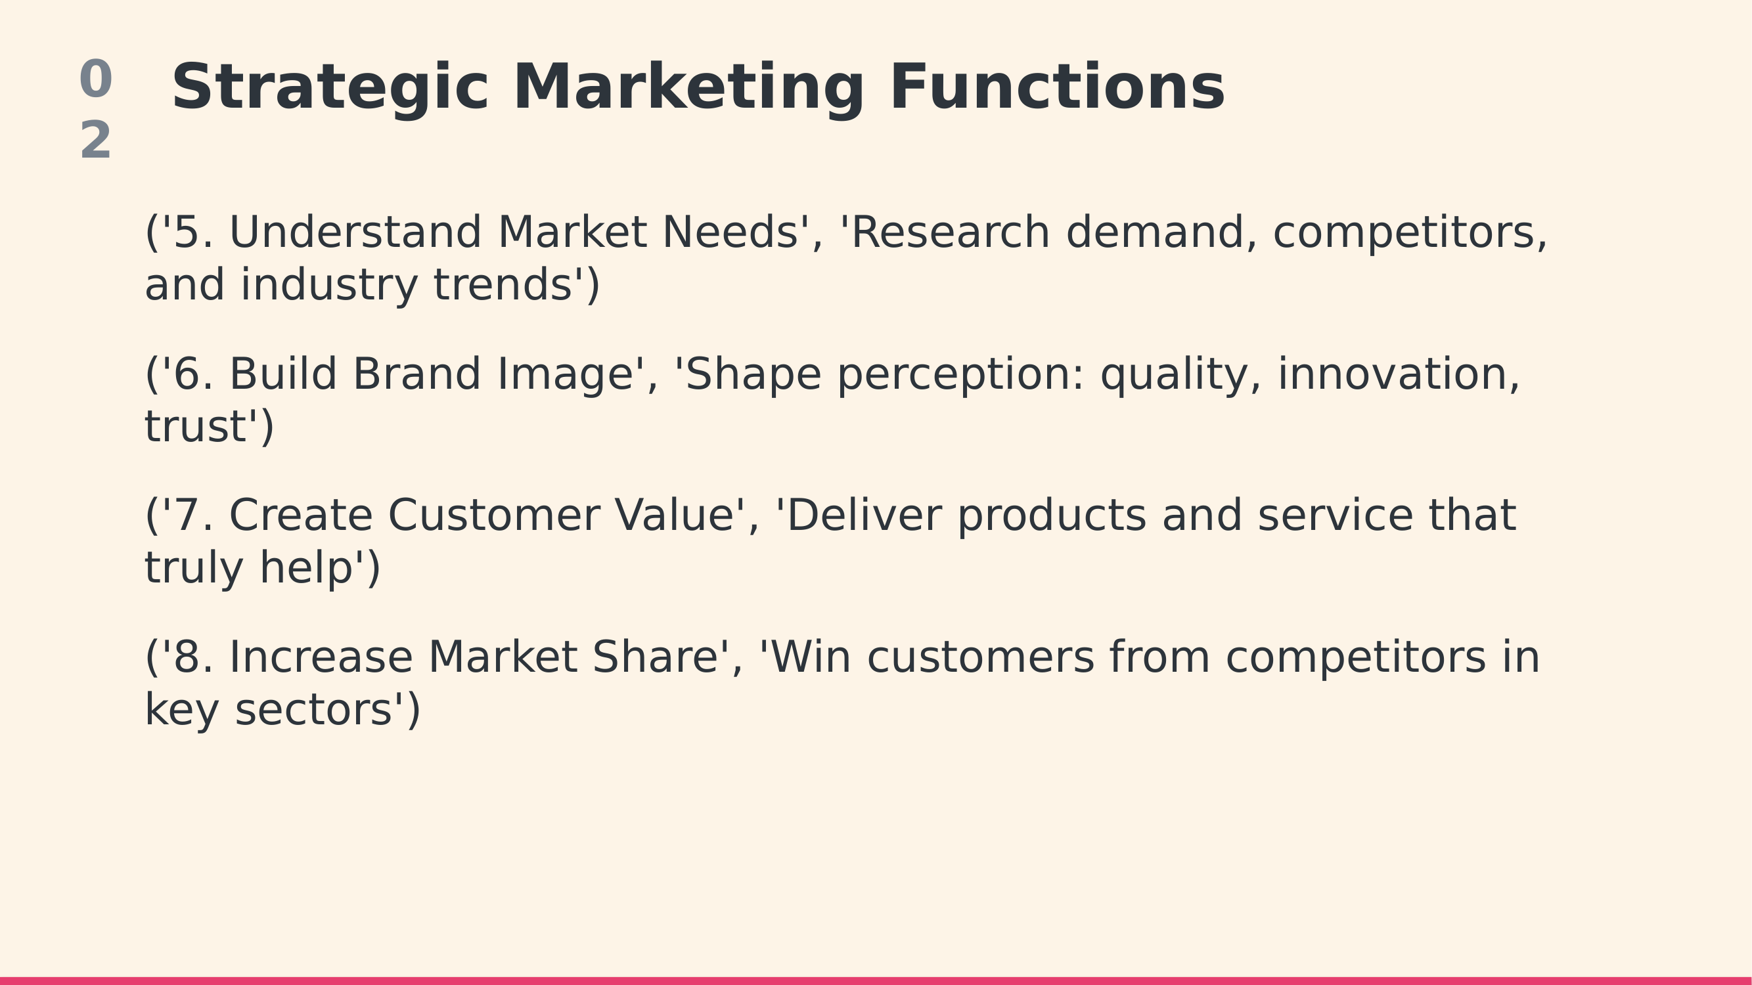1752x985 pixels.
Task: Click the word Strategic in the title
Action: point(330,89)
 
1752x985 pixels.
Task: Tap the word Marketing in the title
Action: point(689,89)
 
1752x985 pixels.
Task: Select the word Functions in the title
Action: point(1057,87)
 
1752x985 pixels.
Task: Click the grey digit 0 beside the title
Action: point(96,79)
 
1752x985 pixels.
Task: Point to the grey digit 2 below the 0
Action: point(96,139)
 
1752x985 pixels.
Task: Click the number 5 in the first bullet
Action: point(187,232)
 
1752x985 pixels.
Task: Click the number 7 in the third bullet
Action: point(187,515)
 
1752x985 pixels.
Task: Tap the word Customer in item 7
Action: point(494,515)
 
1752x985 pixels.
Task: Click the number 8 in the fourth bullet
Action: point(187,657)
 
